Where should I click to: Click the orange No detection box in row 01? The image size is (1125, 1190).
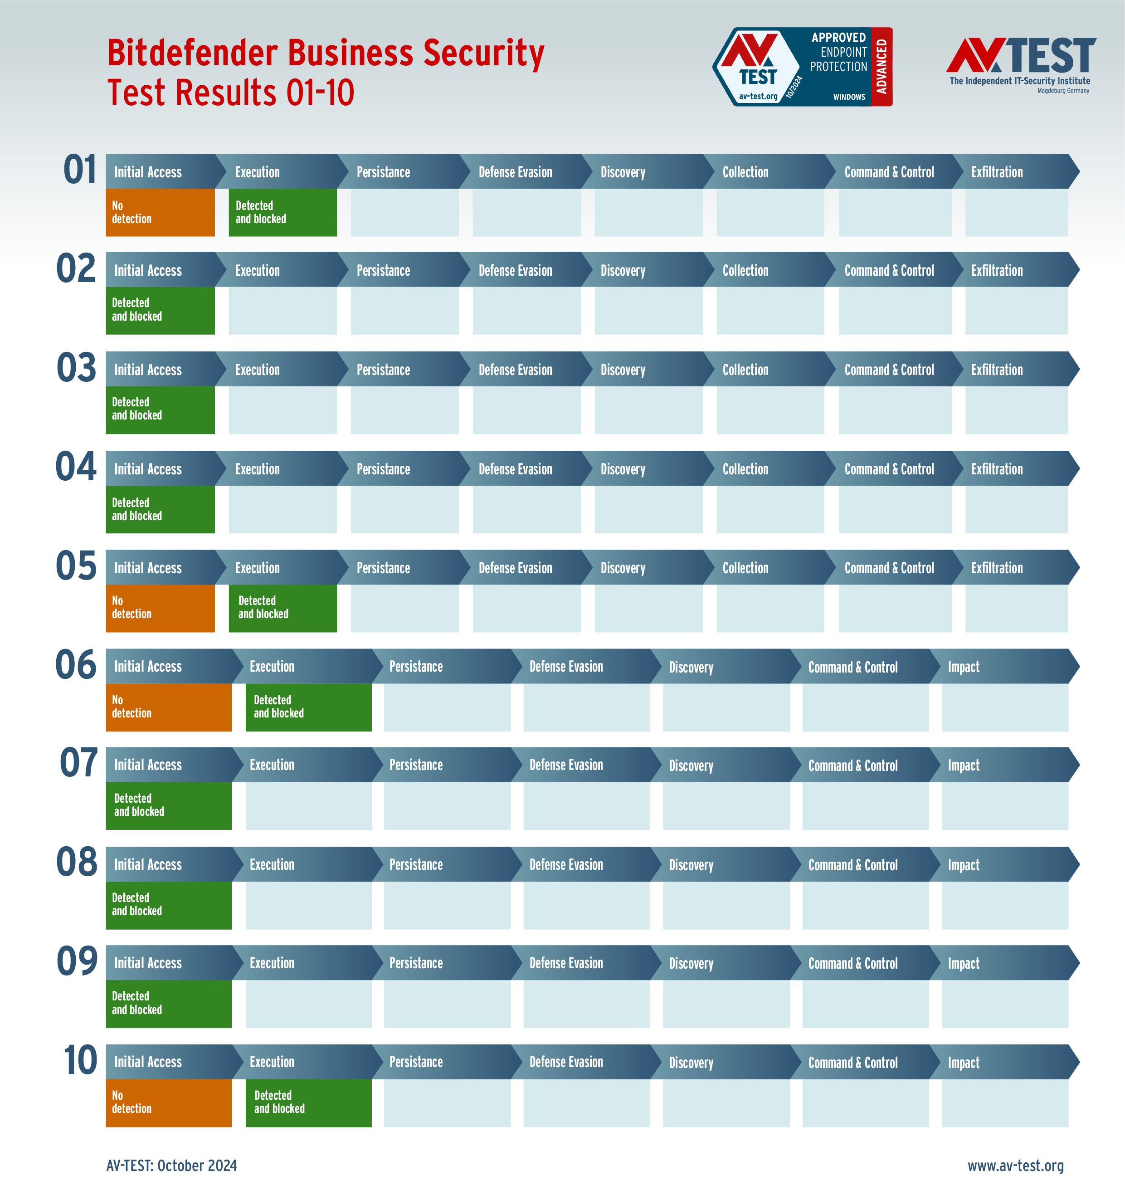[x=160, y=212]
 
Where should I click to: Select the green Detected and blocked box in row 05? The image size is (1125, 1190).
[x=282, y=608]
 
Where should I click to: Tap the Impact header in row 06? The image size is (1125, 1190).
[x=963, y=666]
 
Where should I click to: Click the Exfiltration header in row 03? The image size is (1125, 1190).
[x=997, y=370]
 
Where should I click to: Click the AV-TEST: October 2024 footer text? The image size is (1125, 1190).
[x=171, y=1165]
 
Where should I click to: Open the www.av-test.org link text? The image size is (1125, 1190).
[x=1015, y=1165]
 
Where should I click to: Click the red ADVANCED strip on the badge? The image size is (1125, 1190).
[x=881, y=67]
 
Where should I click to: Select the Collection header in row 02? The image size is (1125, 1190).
[x=745, y=270]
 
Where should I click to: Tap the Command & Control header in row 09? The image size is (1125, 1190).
[x=853, y=963]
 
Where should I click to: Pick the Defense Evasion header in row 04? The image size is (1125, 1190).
[x=515, y=469]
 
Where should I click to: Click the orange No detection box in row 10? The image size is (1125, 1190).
[x=169, y=1102]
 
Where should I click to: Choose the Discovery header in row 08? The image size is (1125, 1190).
[x=691, y=864]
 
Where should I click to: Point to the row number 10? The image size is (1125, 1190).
[x=80, y=1060]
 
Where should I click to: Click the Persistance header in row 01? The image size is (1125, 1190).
[x=383, y=172]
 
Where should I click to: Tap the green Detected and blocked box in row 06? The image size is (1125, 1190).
[x=308, y=707]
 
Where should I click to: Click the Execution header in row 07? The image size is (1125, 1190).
[x=272, y=765]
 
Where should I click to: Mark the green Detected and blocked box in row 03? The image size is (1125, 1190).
[x=160, y=409]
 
